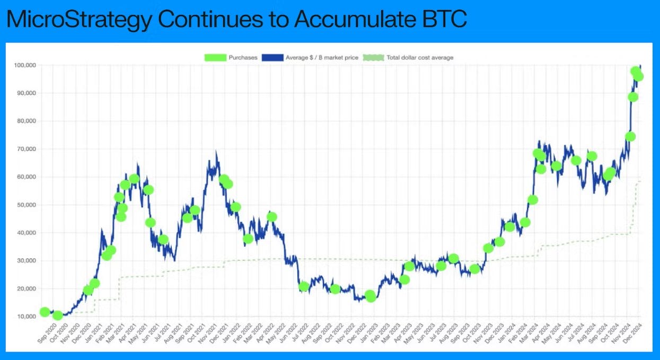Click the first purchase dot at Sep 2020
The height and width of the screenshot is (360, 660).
(x=45, y=312)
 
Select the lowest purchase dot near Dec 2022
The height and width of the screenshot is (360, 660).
(x=371, y=296)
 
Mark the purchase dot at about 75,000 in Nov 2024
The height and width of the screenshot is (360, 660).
(x=630, y=136)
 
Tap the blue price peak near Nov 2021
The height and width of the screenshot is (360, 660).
(x=216, y=152)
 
